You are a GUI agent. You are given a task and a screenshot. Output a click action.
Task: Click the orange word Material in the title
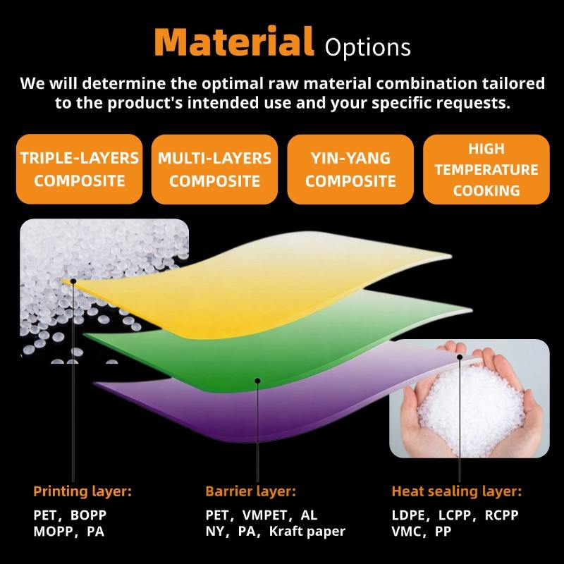point(234,42)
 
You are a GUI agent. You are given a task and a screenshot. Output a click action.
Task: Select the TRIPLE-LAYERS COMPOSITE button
point(80,169)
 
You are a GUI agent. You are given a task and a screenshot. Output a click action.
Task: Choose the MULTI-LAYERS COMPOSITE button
point(215,169)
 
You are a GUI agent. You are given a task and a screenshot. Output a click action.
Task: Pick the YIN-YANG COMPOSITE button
point(350,169)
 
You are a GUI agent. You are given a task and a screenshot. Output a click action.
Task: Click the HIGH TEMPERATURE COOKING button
point(486,169)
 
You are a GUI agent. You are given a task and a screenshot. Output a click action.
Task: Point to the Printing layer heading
point(82,491)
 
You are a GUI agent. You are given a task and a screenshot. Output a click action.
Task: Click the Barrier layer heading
point(251,491)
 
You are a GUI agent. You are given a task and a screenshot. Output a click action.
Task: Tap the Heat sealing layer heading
point(456,491)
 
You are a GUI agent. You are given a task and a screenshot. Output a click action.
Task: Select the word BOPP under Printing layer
point(89,515)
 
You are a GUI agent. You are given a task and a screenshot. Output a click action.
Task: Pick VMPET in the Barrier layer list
point(265,515)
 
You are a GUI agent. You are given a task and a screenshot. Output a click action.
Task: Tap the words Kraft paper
point(307,532)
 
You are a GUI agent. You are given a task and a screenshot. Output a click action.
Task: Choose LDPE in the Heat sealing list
point(408,515)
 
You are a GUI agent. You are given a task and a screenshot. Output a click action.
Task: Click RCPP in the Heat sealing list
point(501,515)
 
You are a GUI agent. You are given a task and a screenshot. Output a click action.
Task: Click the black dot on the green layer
point(257,381)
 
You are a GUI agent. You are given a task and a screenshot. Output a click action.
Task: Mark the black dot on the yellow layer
point(73,281)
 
